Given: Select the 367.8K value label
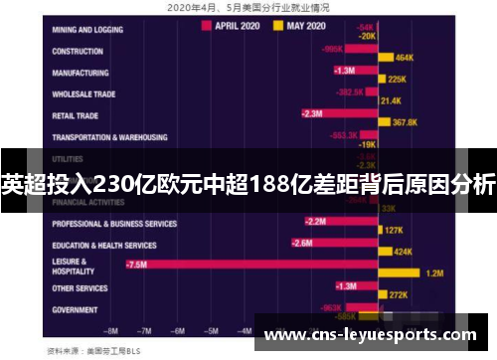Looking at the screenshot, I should pos(406,123).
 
